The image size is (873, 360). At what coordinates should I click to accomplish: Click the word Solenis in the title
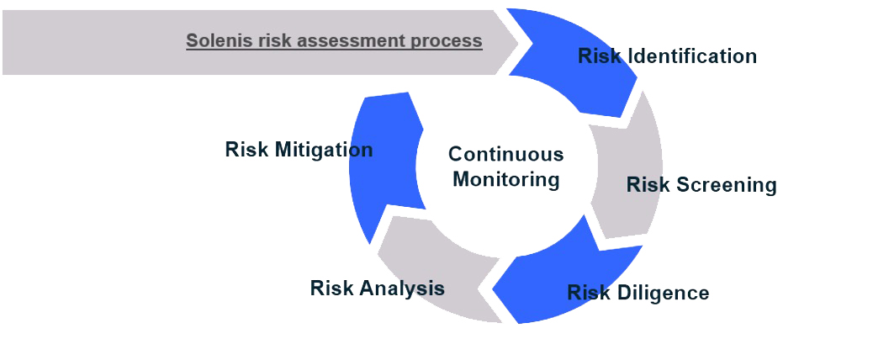pos(216,40)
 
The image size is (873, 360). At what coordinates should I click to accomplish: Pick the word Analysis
pos(403,289)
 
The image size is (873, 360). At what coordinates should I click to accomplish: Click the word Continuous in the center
pos(505,154)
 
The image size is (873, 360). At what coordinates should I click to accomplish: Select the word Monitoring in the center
pos(505,179)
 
